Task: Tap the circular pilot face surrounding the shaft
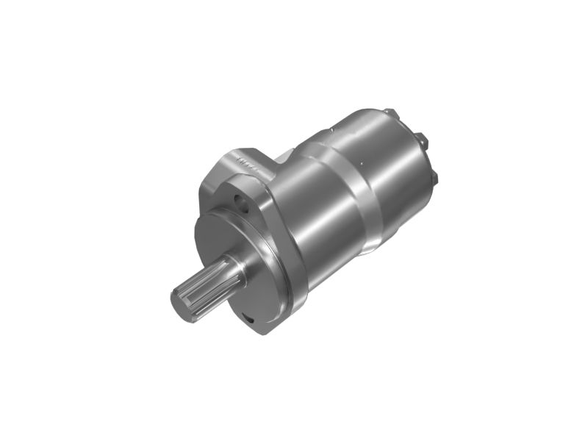[x=220, y=243]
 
